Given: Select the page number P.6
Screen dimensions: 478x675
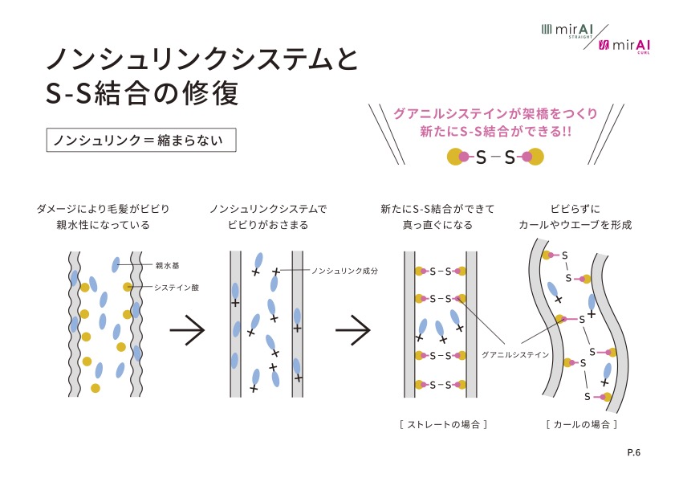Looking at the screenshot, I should click(x=633, y=453).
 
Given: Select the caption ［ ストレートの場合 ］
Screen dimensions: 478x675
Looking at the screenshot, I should click(x=437, y=423).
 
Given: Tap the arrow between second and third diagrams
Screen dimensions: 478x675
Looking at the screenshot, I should click(x=352, y=330).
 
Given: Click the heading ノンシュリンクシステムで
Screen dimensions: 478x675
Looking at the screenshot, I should click(x=268, y=208).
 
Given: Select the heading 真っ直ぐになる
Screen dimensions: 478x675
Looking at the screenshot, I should click(x=437, y=225).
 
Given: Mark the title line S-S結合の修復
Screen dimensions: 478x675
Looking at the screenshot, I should click(x=142, y=92).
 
